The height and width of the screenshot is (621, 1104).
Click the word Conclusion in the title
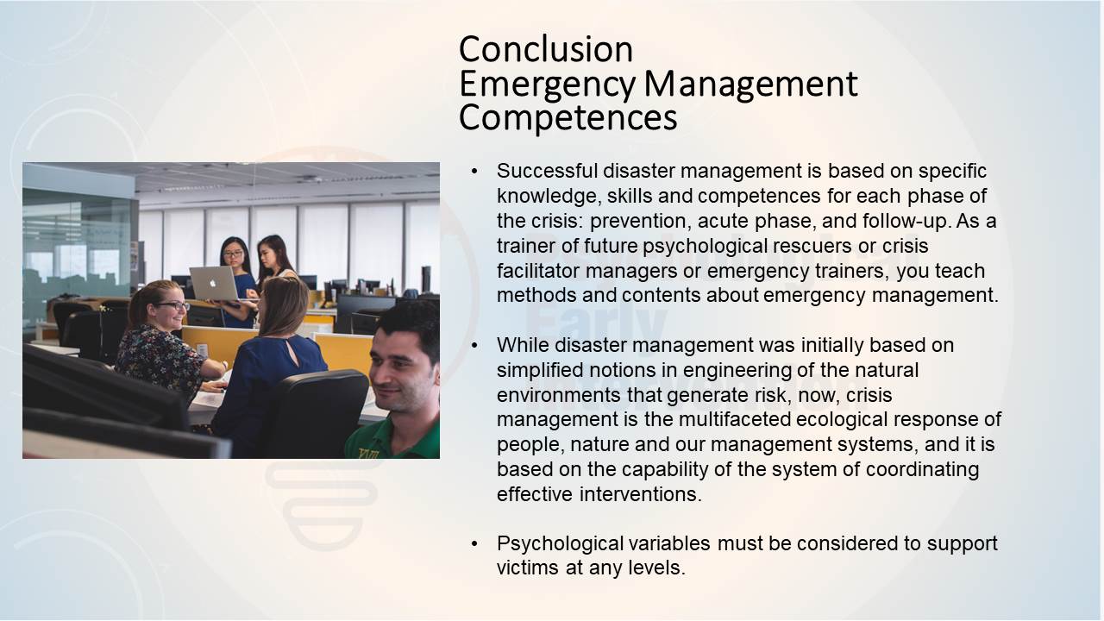pos(546,49)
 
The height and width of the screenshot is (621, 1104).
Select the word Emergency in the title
pos(547,85)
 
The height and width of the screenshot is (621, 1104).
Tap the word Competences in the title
pos(568,117)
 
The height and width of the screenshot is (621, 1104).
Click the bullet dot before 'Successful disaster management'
pos(474,171)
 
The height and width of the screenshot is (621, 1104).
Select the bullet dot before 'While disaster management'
pos(474,345)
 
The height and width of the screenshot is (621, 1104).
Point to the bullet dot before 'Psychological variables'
pos(474,543)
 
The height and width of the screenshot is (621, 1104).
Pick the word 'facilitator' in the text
pos(538,271)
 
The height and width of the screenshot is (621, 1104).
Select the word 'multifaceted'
pos(734,419)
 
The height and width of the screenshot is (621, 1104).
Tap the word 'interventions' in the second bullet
pos(640,494)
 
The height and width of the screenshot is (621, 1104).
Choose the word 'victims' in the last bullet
pos(528,568)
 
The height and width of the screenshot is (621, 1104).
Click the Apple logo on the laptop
pos(213,284)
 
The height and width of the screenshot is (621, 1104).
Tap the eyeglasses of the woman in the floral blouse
pos(172,305)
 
